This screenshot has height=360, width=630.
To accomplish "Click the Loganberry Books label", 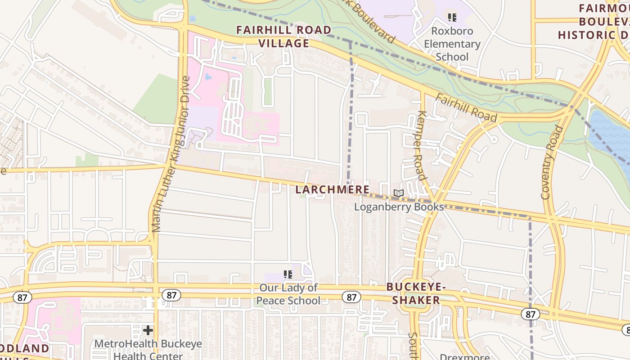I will pos(399,207).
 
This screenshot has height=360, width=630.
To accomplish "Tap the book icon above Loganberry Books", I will pos(399,193).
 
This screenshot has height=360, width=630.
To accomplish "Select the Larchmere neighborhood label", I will pos(333,190).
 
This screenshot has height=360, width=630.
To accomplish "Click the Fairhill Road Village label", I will pos(284,36).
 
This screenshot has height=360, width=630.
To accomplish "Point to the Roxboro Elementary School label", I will pos(452,44).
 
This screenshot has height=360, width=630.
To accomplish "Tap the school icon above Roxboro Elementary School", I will pos(452,18).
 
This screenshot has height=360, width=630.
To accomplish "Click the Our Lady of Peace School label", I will pos(288,294).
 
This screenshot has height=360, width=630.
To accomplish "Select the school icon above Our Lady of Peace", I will pos(288,274).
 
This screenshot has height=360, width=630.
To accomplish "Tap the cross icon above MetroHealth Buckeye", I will pos(148,331).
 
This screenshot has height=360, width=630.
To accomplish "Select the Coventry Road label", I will pos(552,162).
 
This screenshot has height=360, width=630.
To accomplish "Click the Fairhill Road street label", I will pos(467,108).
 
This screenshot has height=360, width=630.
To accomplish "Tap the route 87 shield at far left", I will pos(22,297).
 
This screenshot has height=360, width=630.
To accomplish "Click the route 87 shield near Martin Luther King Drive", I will pos(171,295).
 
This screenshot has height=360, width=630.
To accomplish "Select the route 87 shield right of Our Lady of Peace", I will pos(351,297).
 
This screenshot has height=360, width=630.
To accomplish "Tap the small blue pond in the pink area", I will pos(208,77).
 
